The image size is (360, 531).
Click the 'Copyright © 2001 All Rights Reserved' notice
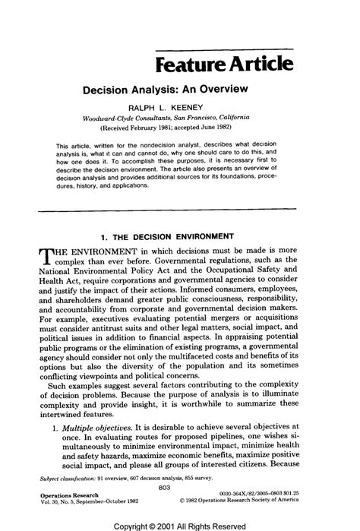179,525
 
